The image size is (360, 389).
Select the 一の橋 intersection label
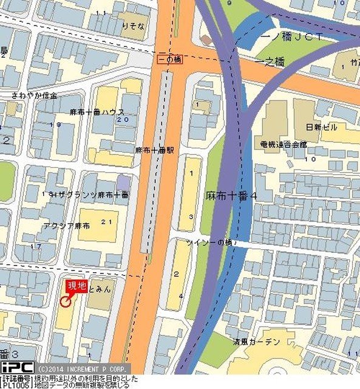[x=169, y=60]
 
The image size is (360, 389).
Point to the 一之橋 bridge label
[x=271, y=63]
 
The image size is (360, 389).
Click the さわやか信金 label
[x=35, y=96]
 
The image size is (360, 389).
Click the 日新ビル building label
[x=322, y=127]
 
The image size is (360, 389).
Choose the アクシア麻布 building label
[x=67, y=225]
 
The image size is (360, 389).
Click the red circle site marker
[x=65, y=300]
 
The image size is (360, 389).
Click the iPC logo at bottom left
[x=17, y=367]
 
